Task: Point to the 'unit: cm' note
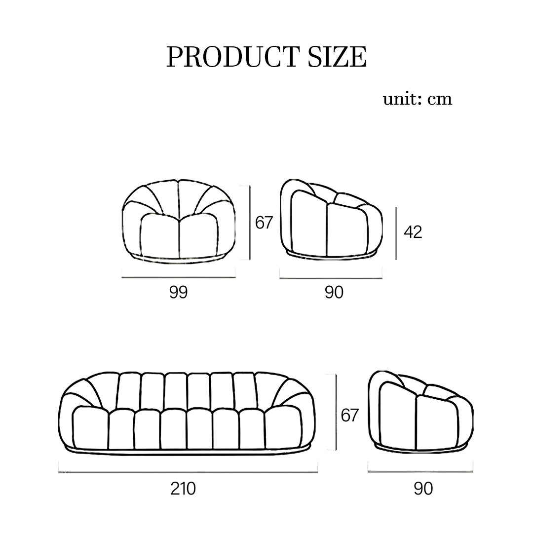pos(418,99)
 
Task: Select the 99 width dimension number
pos(179,292)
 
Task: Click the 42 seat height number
pos(413,232)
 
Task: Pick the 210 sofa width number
pos(183,489)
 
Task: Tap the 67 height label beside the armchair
pos(264,223)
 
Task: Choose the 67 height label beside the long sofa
pos(349,416)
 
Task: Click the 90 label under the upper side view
pos(334,292)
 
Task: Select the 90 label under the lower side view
pos(423,489)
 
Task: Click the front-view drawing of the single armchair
pos(179,220)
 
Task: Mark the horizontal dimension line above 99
pos(179,277)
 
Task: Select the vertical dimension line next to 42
pos(396,233)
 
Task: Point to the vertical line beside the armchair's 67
pos(250,222)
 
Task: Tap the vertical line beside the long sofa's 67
pos(336,412)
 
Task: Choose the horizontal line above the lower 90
pos(420,472)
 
